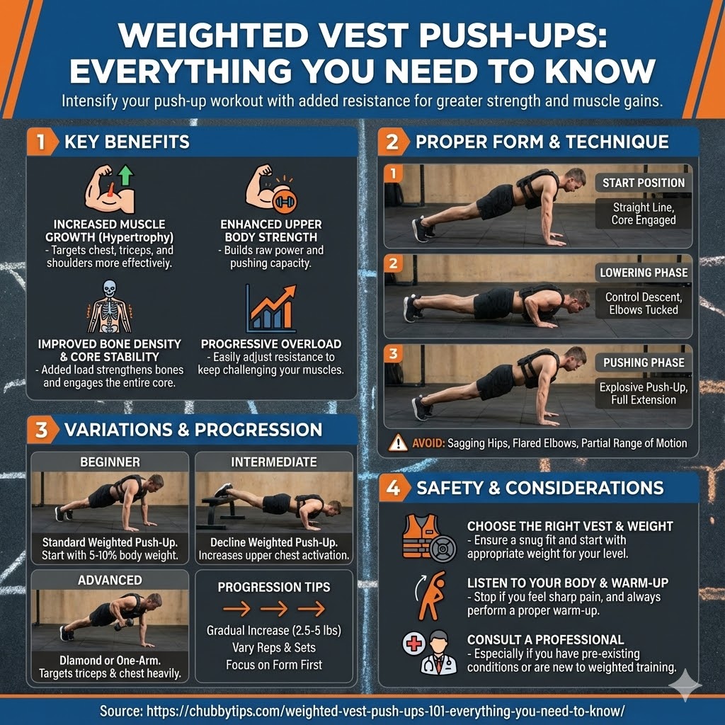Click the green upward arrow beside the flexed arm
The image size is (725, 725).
click(125, 176)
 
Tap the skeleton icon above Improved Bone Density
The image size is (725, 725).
click(109, 306)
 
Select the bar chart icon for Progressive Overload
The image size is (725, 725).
click(271, 309)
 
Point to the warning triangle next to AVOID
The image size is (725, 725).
click(398, 443)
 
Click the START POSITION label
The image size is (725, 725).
click(643, 183)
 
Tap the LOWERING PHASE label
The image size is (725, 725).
click(643, 273)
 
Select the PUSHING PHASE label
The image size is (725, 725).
click(643, 362)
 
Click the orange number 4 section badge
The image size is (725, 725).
click(394, 487)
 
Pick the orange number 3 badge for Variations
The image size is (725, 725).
click(42, 430)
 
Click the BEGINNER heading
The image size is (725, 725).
click(110, 462)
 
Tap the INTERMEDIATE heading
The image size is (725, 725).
click(274, 462)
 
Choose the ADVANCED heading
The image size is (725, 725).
click(110, 580)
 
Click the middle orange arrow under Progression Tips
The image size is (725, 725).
click(274, 608)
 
